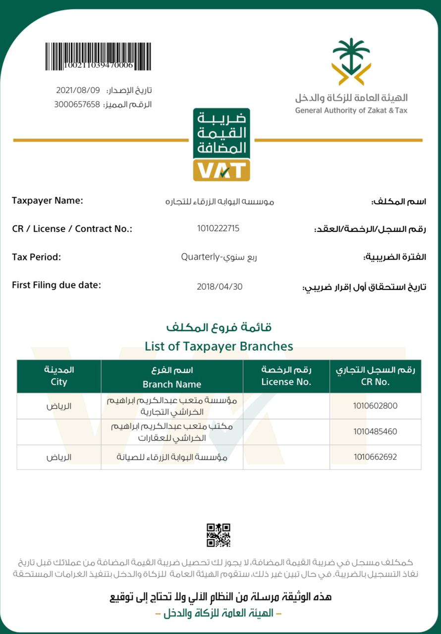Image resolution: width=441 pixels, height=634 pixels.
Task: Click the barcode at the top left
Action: coord(98,56)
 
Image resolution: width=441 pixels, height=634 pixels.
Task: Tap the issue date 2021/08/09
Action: coord(78,90)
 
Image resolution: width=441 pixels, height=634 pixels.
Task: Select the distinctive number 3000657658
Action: coord(77,105)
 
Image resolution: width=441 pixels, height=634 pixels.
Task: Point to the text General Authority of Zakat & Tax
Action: coord(351,110)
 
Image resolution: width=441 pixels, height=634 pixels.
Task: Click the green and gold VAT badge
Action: coord(221,145)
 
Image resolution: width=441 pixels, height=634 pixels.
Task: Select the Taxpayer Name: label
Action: coord(47,201)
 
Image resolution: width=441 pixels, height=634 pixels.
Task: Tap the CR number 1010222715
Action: coord(218,228)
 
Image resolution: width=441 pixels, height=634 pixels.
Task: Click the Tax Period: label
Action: coord(36,257)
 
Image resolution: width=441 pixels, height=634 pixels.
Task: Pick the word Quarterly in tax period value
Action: coord(200,257)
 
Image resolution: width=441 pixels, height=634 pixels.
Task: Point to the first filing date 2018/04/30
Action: coord(220,286)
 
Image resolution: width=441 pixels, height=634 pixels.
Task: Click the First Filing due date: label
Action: coord(56,285)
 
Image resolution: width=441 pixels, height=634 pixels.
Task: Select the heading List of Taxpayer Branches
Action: coord(219,346)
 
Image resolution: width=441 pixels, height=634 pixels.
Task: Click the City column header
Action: coord(58,382)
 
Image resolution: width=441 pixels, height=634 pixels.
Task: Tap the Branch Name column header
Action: coord(172,384)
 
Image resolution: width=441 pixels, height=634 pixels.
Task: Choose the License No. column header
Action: coord(286,381)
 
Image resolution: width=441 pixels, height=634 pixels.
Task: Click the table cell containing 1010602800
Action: coord(375,406)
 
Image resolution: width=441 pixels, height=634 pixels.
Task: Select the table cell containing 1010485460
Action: coord(375,431)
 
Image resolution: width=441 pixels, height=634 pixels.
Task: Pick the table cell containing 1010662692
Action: coord(375,457)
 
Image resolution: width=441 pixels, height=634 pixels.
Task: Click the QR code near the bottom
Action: coord(219,535)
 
